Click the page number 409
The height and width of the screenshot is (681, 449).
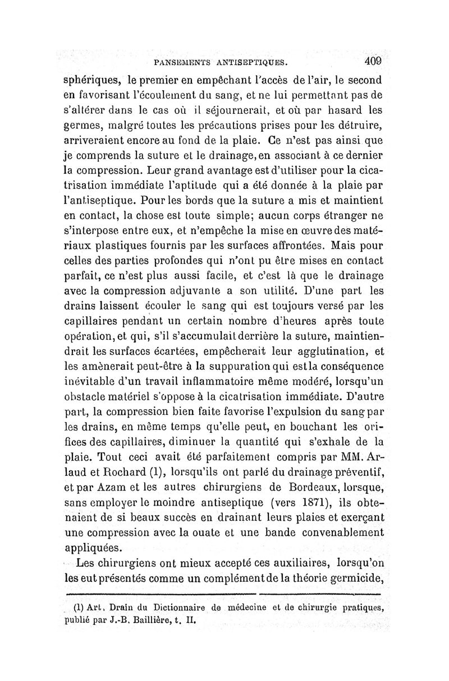coord(372,60)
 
